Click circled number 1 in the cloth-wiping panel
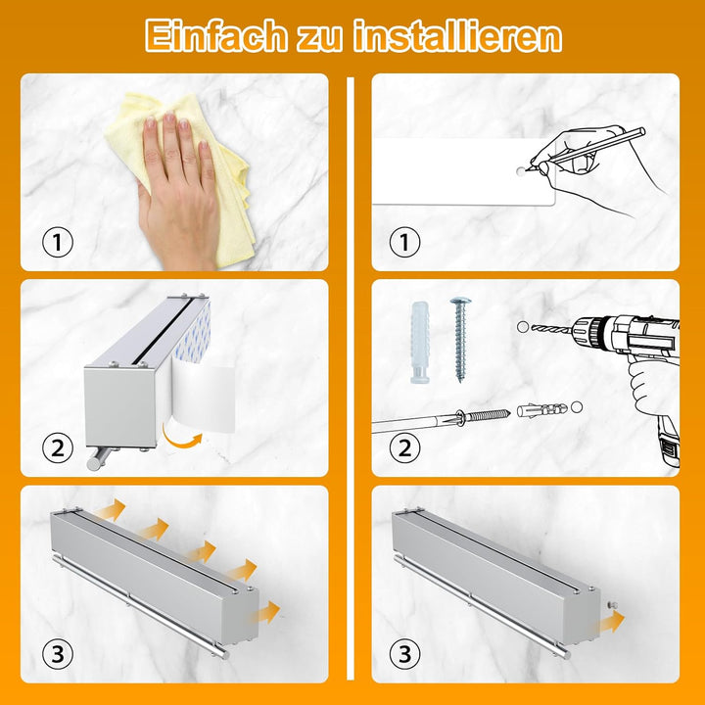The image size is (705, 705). (x=57, y=241)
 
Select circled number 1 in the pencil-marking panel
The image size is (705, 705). (x=403, y=241)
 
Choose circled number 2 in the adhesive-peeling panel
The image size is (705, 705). (x=57, y=448)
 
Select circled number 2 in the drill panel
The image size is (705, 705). (x=403, y=448)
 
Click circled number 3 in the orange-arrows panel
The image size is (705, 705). (x=57, y=653)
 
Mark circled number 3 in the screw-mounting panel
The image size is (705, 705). (x=403, y=653)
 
